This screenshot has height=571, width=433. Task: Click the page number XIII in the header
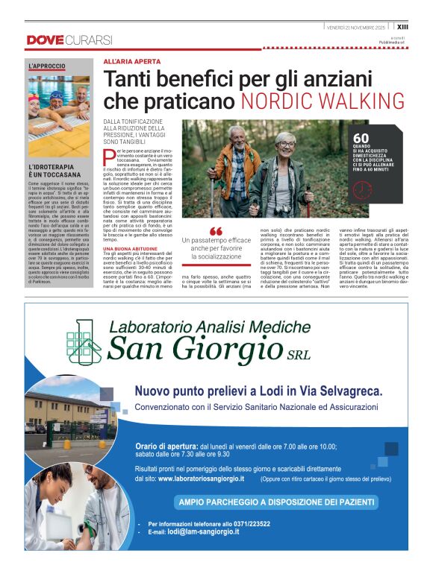coord(423,26)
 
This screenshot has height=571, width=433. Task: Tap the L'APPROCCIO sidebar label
coord(47,67)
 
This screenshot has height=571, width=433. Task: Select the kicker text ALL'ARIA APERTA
coord(131,61)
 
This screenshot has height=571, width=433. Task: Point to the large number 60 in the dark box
coord(381,138)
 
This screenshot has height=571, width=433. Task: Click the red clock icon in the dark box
coord(381,189)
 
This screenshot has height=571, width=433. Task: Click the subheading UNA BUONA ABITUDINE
coord(130,248)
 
